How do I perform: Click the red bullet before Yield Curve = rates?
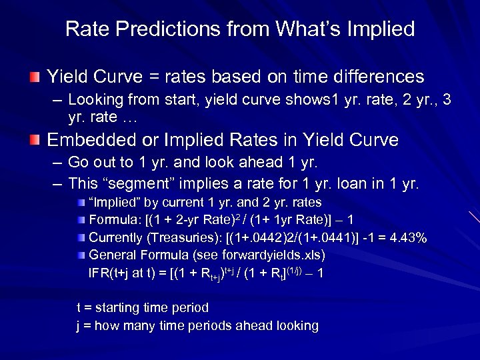(35, 77)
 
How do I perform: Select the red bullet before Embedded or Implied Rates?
(35, 140)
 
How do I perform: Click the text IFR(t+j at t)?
(126, 273)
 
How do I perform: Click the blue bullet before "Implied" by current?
(80, 203)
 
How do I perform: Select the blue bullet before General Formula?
(80, 255)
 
